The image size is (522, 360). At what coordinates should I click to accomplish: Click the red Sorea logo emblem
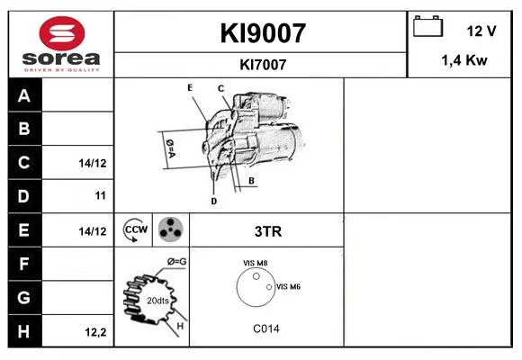pos(62,33)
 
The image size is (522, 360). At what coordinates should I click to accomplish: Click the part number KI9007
pos(263,33)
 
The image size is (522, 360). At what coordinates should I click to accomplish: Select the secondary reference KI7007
pos(263,65)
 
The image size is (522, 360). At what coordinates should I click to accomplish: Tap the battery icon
pos(427,26)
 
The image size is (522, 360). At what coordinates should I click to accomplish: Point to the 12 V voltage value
pos(481,31)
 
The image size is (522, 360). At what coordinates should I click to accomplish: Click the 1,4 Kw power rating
pos(464,60)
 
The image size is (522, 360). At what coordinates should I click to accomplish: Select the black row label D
pos(24,196)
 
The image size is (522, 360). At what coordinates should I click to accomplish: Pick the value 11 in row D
pos(100,195)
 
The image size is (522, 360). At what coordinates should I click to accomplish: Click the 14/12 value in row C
pos(93,163)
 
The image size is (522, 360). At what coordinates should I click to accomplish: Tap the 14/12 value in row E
pos(93,231)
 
